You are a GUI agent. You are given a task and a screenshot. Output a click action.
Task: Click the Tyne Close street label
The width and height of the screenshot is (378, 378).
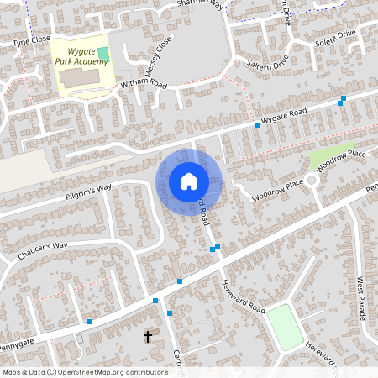tap(32, 39)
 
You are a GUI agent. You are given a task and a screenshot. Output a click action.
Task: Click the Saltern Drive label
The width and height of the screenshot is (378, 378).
tap(268, 63)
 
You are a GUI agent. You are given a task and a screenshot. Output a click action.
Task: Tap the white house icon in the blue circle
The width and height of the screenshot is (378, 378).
tap(189, 181)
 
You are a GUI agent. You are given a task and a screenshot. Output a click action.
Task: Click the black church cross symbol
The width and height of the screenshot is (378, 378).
tap(148, 337)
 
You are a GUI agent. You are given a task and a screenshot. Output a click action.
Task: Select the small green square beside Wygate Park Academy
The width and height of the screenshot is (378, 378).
tap(103, 54)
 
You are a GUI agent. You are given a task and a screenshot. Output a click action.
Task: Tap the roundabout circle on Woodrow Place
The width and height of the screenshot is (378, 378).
tap(312, 180)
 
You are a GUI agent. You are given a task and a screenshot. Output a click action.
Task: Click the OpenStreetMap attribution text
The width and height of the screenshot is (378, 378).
tap(85, 371)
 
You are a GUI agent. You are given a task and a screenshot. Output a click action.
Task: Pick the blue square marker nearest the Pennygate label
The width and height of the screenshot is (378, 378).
tap(89, 321)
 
